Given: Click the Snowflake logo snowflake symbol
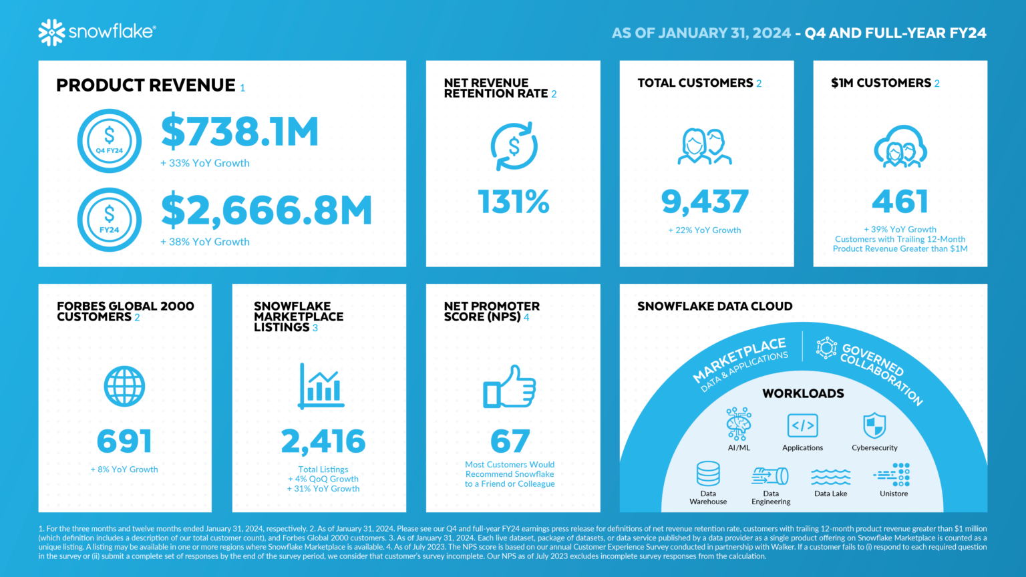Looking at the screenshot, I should click(x=51, y=32).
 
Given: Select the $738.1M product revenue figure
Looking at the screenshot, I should click(x=240, y=132).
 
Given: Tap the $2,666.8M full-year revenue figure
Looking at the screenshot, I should click(x=266, y=210).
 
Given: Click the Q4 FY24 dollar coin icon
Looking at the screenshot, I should click(x=110, y=141).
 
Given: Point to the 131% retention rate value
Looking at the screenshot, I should click(x=513, y=202).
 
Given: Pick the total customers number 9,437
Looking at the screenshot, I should click(x=705, y=202).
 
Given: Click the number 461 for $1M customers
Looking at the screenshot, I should click(x=900, y=202).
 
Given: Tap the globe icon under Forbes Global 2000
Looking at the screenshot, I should click(x=124, y=386).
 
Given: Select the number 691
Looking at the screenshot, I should click(x=124, y=441).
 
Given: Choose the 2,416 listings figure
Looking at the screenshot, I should click(x=323, y=441).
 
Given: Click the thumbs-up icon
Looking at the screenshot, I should click(x=510, y=387).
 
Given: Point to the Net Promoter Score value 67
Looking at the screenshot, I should click(x=510, y=441).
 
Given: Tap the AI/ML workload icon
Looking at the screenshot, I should click(x=739, y=423).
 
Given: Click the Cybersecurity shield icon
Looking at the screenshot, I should click(x=874, y=425).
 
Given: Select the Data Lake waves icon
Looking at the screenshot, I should click(x=830, y=477).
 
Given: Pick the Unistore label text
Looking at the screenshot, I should click(x=894, y=494).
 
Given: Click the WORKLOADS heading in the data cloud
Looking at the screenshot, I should click(x=803, y=393).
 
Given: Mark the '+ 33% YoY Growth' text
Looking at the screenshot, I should click(x=205, y=163).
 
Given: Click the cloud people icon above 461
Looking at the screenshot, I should click(x=900, y=146).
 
